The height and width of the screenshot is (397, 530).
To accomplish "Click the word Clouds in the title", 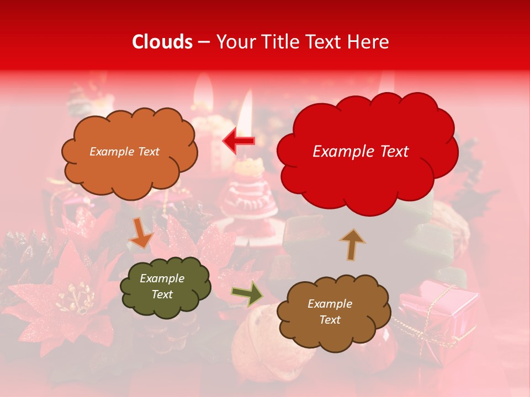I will [x=162, y=42].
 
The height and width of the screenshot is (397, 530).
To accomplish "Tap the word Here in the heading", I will [x=367, y=42].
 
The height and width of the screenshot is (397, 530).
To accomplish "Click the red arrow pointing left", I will [x=239, y=141].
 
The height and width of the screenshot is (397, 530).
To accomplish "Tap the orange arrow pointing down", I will [x=141, y=233].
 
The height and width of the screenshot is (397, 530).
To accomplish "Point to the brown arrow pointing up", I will [x=352, y=244].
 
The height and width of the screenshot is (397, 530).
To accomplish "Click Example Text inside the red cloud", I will [x=361, y=152].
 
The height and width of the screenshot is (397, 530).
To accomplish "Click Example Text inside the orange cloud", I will [x=124, y=152].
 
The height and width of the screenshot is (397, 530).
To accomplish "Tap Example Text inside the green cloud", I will [x=162, y=287].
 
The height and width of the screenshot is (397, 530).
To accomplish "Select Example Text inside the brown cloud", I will [x=330, y=312].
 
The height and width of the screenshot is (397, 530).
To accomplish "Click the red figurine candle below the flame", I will [x=251, y=196].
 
